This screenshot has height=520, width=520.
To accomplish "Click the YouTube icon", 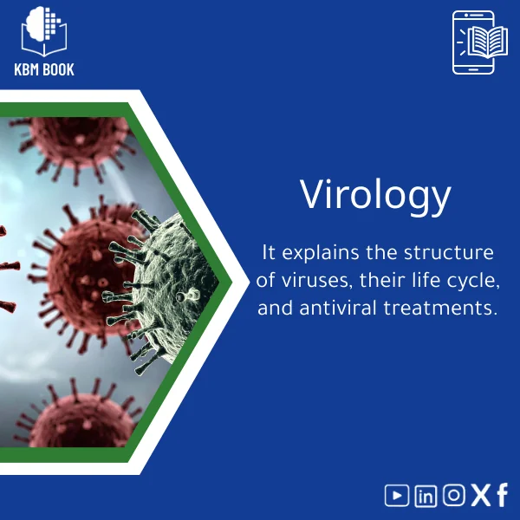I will (397, 495).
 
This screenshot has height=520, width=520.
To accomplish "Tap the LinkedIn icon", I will (426, 495).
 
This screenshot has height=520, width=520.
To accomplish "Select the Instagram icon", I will (454, 495).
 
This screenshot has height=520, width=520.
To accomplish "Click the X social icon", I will (480, 495).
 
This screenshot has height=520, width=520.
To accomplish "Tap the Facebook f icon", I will (502, 495).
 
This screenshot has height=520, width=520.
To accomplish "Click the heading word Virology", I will (375, 196).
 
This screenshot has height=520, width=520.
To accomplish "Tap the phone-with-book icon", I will (474, 42).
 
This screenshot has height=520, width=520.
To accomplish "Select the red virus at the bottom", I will (74, 420).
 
